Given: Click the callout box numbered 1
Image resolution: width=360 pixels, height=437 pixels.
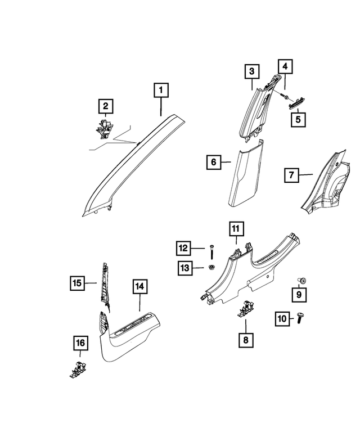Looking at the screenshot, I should pyautogui.click(x=161, y=89).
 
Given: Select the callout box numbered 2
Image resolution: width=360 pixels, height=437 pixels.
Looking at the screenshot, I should pyautogui.click(x=105, y=106).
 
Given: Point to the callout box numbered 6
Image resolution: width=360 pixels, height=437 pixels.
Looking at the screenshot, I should pyautogui.click(x=213, y=163).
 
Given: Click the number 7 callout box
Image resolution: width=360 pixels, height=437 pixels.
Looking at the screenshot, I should pyautogui.click(x=291, y=176).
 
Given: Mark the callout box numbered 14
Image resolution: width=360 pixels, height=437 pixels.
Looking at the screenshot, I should pyautogui.click(x=139, y=287).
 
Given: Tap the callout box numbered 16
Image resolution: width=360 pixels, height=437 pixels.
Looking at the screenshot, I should pyautogui.click(x=80, y=343).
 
